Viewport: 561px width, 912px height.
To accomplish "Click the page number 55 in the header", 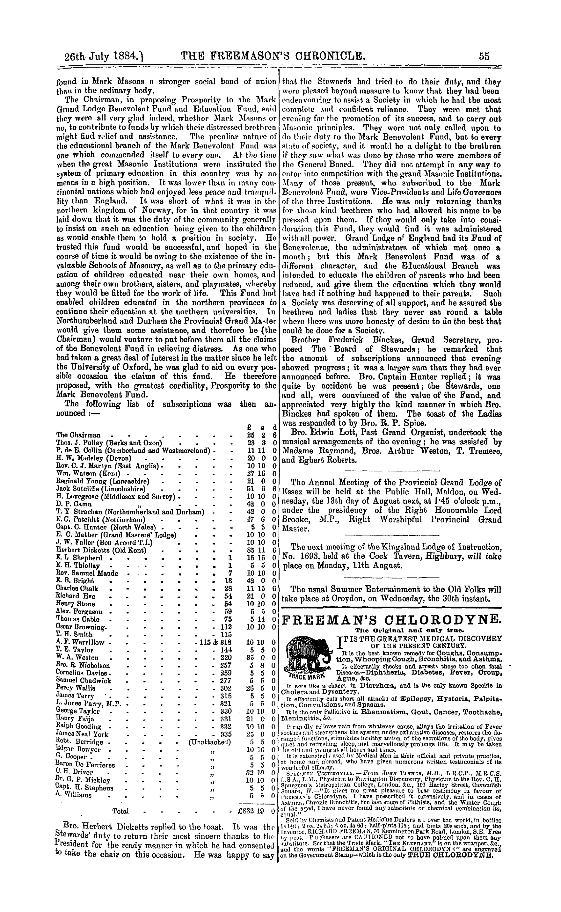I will pyautogui.click(x=484, y=56).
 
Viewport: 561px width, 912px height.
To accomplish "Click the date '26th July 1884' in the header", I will pyautogui.click(x=102, y=57).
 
